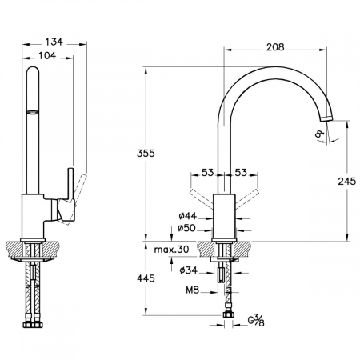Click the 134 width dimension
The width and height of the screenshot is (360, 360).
[54, 42]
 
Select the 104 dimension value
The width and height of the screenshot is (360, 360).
[47, 55]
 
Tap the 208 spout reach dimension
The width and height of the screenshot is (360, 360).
[275, 47]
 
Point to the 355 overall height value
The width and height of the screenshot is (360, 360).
[146, 154]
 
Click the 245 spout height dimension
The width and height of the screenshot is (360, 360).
[346, 182]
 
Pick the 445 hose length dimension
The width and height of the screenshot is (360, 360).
[146, 278]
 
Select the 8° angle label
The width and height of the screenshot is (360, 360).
[320, 134]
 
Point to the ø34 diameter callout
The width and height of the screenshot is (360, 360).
[189, 270]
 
